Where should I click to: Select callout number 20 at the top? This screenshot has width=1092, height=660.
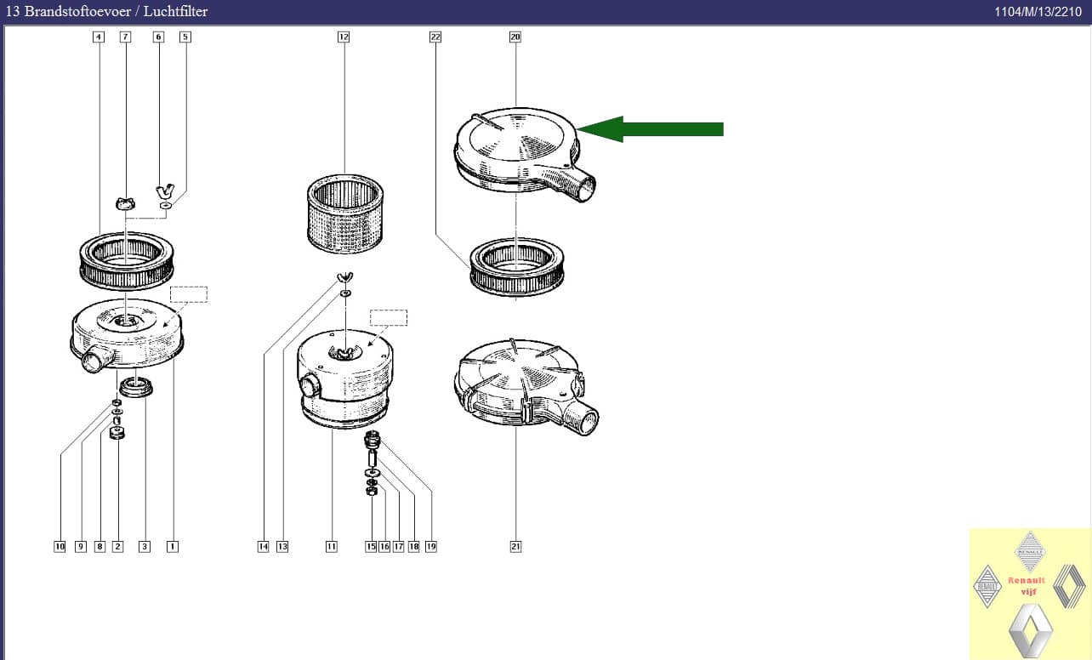515,37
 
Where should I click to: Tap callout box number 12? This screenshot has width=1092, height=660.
344,37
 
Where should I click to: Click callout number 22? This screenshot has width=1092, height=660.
435,37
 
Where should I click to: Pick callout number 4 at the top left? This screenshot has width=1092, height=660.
99,37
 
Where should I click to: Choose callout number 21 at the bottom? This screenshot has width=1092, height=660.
515,546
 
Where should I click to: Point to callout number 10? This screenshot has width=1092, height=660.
60,546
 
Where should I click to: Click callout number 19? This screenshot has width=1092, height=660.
431,546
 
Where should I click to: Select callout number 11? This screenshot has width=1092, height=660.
331,546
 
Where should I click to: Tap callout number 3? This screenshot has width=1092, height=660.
145,546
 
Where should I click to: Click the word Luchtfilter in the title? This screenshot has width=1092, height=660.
175,11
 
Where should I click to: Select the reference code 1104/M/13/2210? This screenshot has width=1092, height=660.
1038,12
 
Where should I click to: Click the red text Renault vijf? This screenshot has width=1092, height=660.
1027,586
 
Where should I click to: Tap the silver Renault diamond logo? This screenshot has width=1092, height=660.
1031,630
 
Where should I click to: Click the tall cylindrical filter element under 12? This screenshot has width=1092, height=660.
345,213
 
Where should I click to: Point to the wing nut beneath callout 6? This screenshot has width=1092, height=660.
165,191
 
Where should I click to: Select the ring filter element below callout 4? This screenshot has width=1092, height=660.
127,261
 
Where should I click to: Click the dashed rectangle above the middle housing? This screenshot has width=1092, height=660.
389,318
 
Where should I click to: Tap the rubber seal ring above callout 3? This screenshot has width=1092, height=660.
136,387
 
